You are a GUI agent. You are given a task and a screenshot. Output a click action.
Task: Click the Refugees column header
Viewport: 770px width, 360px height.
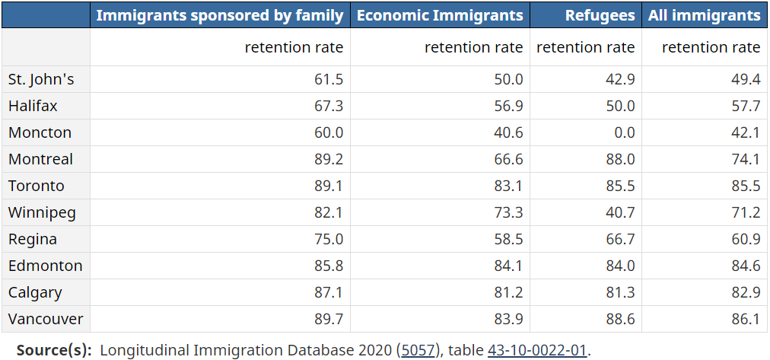point(600,15)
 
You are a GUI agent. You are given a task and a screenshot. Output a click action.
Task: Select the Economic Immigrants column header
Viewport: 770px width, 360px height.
point(440,15)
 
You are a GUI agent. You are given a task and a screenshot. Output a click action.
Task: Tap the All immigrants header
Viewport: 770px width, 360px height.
point(705,15)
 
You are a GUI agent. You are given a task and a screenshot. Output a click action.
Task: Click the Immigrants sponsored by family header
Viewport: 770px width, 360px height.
point(219,15)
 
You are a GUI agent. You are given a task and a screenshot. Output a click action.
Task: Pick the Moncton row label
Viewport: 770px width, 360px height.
point(40,132)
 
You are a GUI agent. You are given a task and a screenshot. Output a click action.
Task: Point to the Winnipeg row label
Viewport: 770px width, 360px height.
point(43,212)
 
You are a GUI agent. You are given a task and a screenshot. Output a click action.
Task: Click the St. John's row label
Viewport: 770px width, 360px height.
point(41,79)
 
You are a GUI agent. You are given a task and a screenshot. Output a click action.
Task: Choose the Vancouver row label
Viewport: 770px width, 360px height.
point(46,319)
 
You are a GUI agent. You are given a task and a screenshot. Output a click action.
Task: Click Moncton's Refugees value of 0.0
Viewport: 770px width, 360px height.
point(624,132)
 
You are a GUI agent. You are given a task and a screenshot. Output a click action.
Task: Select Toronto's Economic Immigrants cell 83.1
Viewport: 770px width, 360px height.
point(509,186)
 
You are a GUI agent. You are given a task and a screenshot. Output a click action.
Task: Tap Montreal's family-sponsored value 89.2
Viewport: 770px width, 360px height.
point(329,159)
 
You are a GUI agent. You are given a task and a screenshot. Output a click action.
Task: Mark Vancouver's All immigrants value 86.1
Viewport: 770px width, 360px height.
point(746,319)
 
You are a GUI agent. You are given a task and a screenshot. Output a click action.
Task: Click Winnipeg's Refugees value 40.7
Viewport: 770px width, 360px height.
point(620,212)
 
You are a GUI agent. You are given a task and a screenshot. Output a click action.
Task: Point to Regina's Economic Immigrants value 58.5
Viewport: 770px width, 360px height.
point(509,239)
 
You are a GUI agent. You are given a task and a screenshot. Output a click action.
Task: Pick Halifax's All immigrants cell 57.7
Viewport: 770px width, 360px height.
point(746,106)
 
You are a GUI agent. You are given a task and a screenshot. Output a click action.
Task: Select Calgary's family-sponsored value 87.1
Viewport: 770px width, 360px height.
point(329,293)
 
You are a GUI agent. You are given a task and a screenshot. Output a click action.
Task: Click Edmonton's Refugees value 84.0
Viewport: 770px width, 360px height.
point(620,266)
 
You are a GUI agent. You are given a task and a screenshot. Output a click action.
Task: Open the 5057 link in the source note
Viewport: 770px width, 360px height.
point(418,350)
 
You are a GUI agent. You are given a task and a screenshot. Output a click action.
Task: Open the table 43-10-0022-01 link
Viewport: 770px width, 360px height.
point(538,350)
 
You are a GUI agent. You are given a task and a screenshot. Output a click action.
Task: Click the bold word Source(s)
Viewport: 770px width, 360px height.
point(54,350)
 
